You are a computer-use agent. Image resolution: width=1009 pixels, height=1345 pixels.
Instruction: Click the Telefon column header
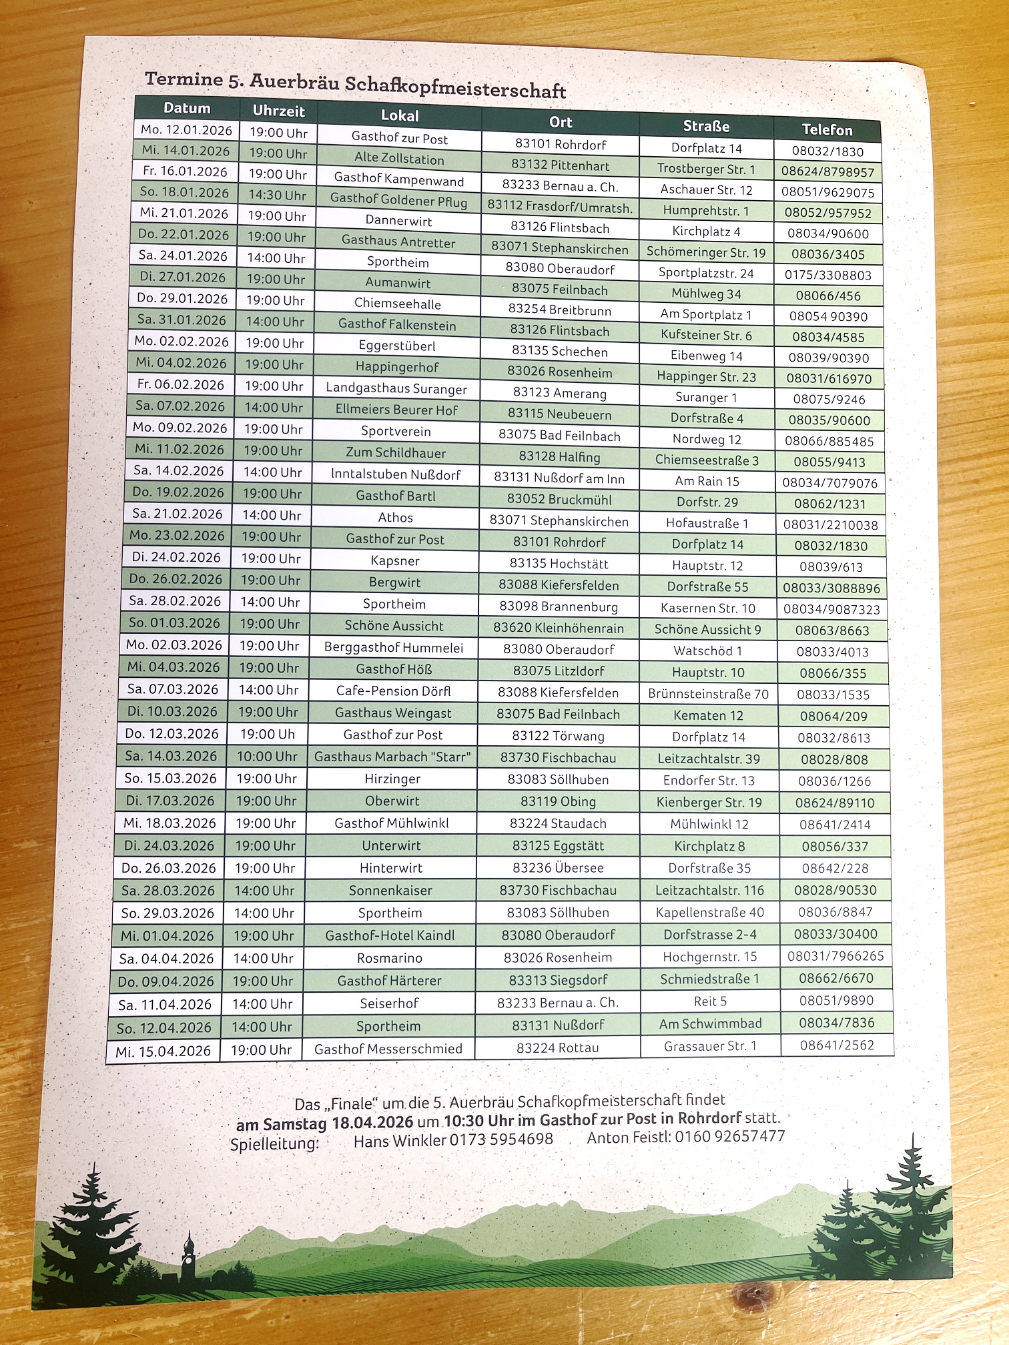tap(827, 129)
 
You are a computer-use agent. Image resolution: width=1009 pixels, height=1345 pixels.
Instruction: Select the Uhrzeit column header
tap(278, 111)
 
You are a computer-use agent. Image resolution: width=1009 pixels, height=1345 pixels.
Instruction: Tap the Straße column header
tap(706, 126)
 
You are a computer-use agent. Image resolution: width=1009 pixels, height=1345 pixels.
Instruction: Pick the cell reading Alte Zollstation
tap(399, 159)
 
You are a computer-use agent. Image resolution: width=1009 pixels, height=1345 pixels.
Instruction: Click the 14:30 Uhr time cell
tap(278, 195)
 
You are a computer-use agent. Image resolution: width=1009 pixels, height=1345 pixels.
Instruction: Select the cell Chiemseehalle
tap(397, 304)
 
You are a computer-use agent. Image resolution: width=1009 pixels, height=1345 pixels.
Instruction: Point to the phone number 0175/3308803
tap(827, 275)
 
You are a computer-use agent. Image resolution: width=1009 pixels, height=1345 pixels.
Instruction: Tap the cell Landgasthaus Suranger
tap(396, 388)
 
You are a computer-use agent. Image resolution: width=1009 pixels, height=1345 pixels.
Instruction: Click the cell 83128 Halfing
tap(559, 457)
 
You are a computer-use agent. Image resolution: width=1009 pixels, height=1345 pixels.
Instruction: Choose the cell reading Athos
tap(396, 517)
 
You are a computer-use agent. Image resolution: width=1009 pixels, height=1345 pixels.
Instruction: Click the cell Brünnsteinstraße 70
tap(708, 694)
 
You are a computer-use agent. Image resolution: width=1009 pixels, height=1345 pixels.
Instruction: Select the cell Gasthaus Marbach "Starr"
tap(392, 757)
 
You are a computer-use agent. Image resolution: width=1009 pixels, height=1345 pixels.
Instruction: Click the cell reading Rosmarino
tap(390, 958)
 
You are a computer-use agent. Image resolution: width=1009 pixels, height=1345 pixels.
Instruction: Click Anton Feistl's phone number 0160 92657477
tap(729, 1136)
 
